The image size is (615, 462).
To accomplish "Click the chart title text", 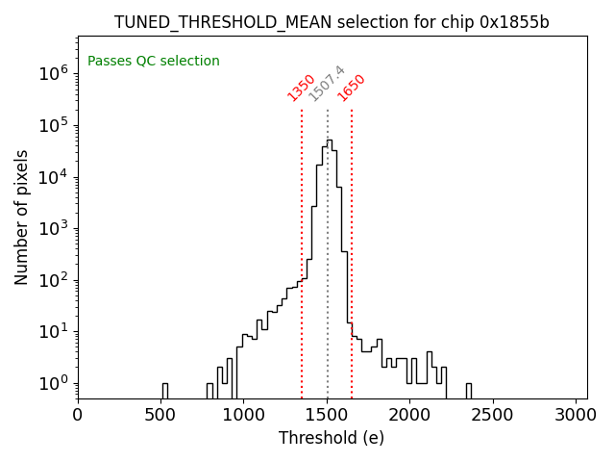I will (332, 22).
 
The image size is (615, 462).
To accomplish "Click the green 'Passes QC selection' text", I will (154, 62).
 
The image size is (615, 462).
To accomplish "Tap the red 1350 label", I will (301, 88).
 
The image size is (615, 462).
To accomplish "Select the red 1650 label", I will (351, 88).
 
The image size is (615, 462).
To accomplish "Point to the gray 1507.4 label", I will (327, 84).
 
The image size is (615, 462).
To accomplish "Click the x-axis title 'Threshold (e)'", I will (332, 439).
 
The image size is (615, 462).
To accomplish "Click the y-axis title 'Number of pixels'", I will (22, 217).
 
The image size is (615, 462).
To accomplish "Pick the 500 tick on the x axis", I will (160, 415).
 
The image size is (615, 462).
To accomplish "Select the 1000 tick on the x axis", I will (243, 415).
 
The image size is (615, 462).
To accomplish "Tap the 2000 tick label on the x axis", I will (409, 415).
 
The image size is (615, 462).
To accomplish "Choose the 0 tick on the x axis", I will (78, 415).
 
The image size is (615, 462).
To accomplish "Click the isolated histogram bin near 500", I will (164, 391).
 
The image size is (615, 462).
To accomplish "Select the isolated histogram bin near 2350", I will (469, 391).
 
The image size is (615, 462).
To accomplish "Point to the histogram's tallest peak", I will (329, 141).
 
